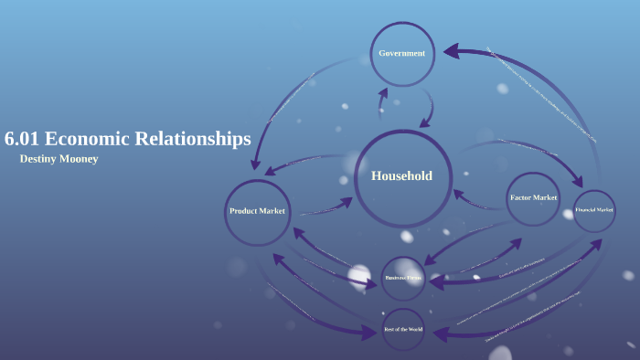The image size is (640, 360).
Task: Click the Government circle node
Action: coord(402,53)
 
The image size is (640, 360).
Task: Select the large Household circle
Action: coord(401,177)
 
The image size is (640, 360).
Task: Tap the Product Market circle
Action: coord(257,211)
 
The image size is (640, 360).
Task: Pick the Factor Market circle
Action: coord(533,198)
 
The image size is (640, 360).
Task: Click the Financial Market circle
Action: coord(594,210)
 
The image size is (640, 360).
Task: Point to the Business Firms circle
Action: coord(403,277)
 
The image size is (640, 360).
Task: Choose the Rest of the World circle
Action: coord(403,327)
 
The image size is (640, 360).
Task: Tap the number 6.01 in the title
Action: coord(21,140)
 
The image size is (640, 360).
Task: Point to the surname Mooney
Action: coord(80,159)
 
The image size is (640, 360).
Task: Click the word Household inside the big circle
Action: coord(401,176)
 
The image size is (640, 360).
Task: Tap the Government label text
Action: coord(402,53)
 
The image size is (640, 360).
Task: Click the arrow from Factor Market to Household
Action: coord(475,198)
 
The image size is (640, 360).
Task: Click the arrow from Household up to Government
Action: coord(385,102)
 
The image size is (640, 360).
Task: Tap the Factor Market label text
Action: coord(533,197)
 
